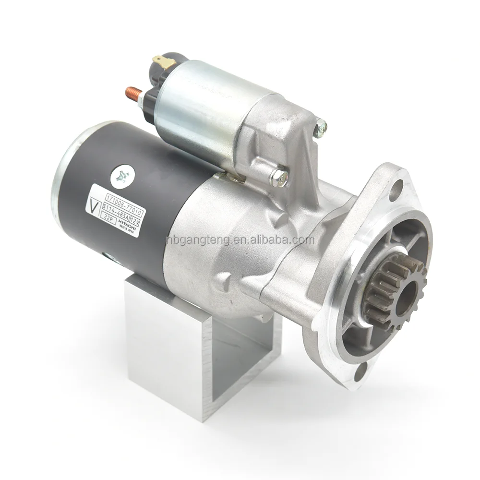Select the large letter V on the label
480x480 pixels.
pos(92,205)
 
